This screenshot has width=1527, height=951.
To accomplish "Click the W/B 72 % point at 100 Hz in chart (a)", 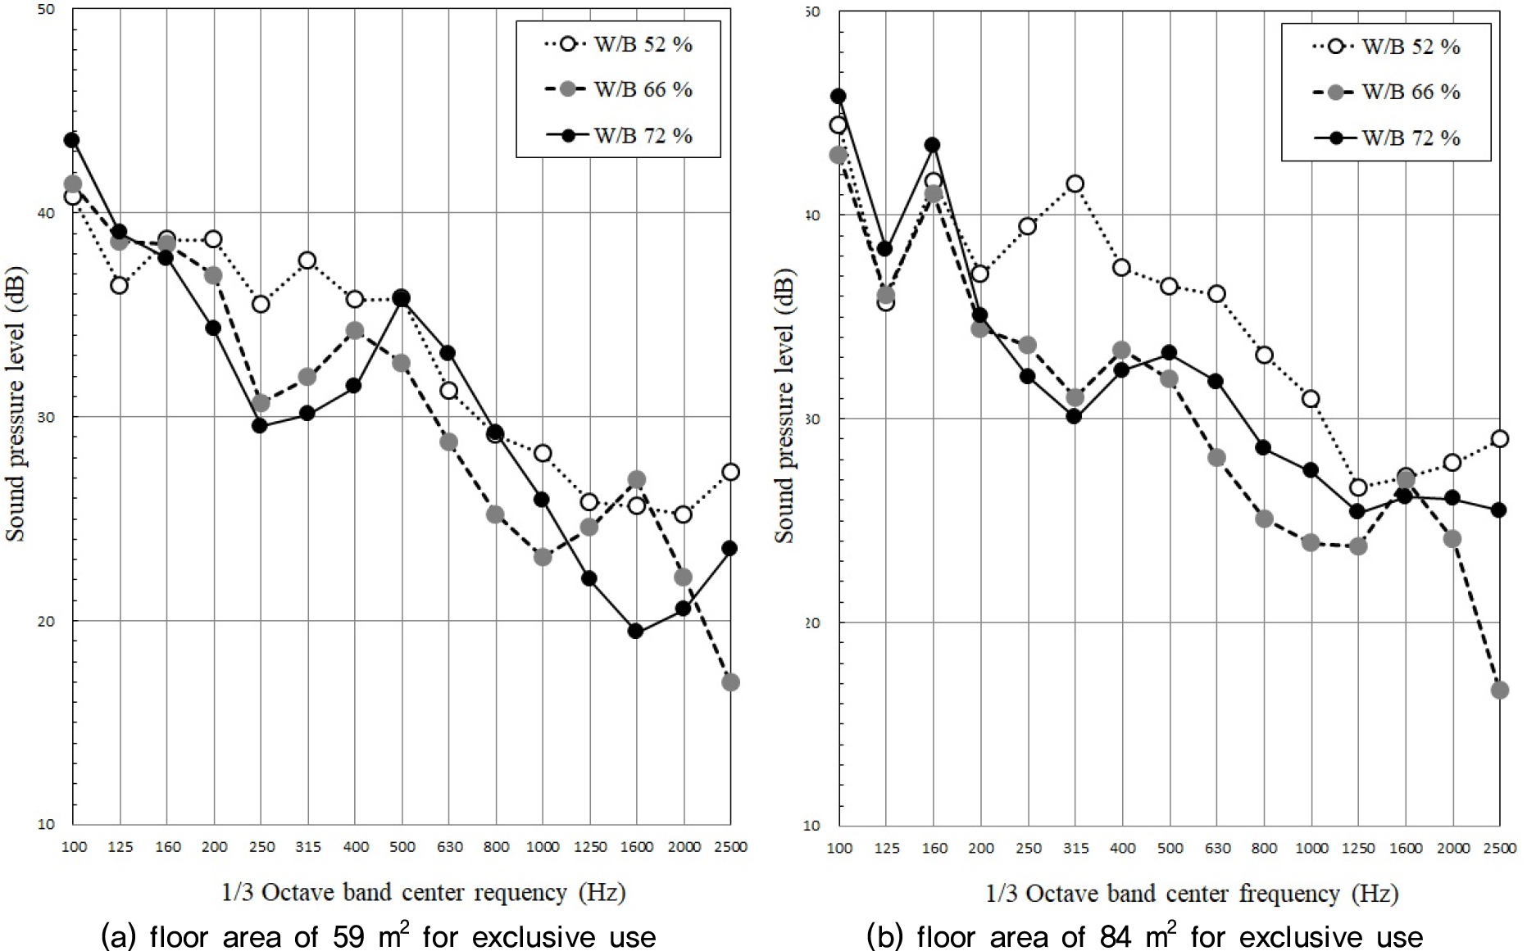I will coord(72,140).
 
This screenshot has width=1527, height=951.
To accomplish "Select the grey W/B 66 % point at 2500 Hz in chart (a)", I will coord(730,682).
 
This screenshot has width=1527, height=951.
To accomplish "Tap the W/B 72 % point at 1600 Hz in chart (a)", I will coord(635,631).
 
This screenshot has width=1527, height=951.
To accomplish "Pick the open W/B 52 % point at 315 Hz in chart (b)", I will coord(1075,183).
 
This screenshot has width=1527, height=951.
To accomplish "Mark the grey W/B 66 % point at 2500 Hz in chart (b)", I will coord(1499,690).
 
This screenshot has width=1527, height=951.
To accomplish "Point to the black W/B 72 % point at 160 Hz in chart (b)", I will coord(933,145).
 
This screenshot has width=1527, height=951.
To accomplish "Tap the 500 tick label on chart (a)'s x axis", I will coord(402,847).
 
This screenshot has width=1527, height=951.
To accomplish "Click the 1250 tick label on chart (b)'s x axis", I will coord(1358,849).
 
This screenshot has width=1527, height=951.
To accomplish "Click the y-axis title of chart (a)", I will coord(16,405).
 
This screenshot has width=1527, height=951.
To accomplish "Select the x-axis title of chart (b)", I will coord(1192,893).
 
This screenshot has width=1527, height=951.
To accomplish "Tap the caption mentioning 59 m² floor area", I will coord(378,935).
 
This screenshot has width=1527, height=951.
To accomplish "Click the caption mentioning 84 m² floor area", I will coord(1145,935).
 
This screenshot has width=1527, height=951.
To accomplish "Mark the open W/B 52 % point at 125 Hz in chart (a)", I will coord(120,285).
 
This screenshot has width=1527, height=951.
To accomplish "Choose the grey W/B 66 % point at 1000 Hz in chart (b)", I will coord(1311,542).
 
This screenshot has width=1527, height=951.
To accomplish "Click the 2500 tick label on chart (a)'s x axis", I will coord(730,847).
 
